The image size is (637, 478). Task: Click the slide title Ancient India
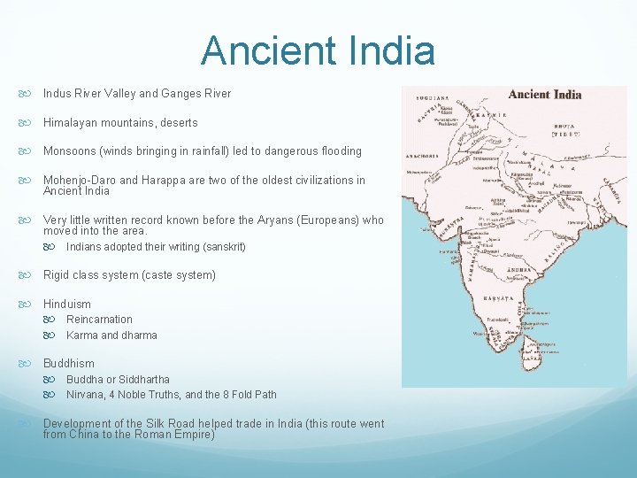point(318,50)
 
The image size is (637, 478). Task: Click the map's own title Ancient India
point(546,95)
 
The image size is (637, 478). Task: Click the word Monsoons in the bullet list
point(72,151)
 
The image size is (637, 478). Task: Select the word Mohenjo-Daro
point(80,181)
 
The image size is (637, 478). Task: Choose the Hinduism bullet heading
point(67,304)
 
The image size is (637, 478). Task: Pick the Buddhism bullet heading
point(68,364)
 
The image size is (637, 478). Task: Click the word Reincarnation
point(99,320)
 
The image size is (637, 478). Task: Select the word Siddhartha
point(142,380)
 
